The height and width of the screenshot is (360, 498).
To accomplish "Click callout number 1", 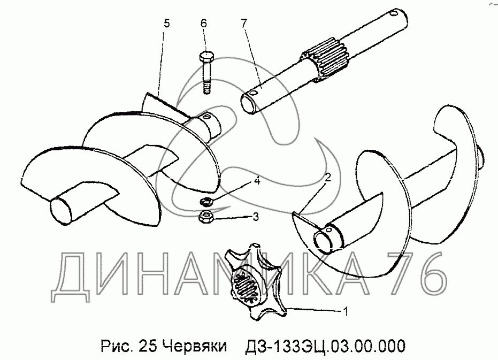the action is tap(346, 311).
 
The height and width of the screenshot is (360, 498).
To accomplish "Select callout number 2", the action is tap(328, 177).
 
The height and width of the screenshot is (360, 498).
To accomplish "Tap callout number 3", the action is tap(255, 217).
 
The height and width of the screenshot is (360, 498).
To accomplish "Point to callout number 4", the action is tap(257, 181).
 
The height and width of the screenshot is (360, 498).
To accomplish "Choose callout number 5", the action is tap(167, 24).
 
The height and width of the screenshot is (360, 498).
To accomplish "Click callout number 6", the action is tap(203, 23).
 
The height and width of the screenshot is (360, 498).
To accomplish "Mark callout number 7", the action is tap(243, 23).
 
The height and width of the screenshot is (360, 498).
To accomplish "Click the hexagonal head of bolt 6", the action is tap(206, 58).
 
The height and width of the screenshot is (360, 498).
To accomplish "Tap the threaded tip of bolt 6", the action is tap(207, 88).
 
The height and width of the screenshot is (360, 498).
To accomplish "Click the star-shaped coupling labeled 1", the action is tap(254, 282).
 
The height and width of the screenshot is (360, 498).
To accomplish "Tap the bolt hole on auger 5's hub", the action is tap(206, 118).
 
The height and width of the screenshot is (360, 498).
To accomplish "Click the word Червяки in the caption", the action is tap(195, 346).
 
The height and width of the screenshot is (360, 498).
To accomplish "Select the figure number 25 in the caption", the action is tap(148, 346).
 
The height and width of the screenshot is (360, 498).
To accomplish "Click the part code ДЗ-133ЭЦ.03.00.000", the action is tap(325, 346).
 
